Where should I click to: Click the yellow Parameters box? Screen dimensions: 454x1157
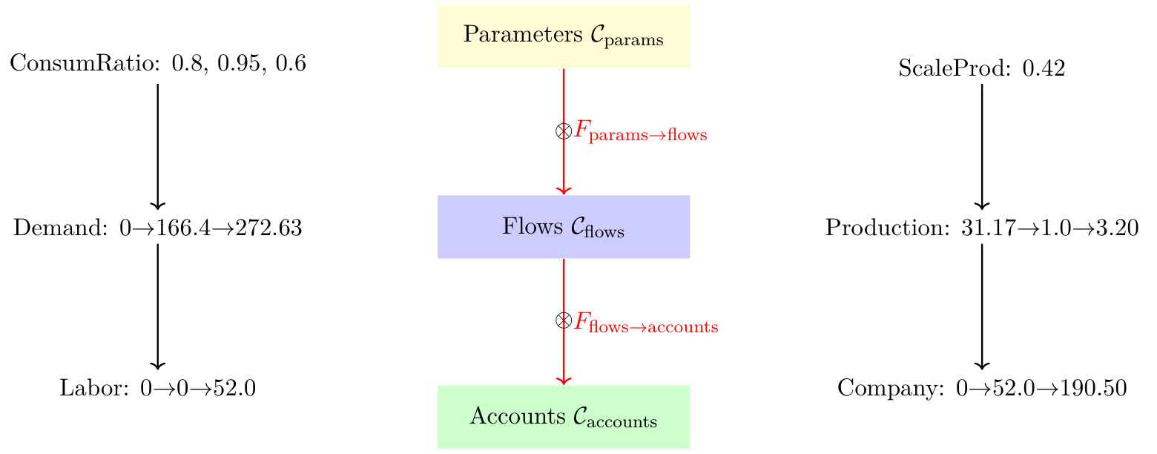(x=564, y=36)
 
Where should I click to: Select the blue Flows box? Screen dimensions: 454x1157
(x=564, y=227)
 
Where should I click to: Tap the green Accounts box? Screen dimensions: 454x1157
(x=564, y=417)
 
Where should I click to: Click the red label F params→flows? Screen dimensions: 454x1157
(x=641, y=134)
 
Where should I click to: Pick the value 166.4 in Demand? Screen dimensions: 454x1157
(x=182, y=228)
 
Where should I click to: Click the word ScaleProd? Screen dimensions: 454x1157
(x=939, y=70)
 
